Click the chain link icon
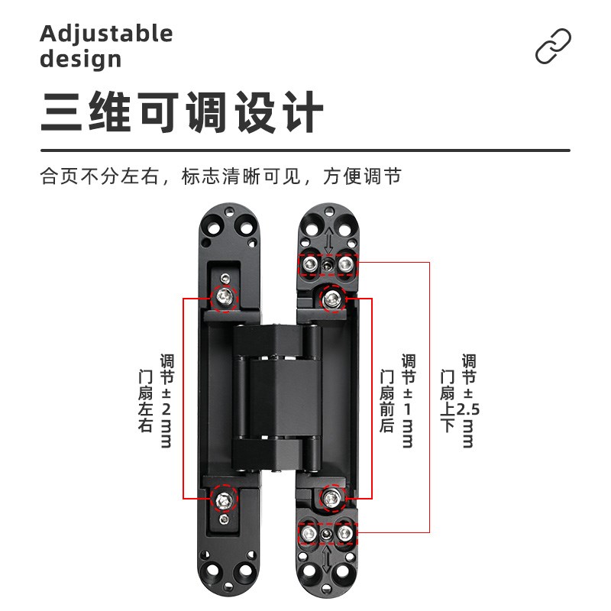tap(553, 46)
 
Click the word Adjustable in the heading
tap(106, 34)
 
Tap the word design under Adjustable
tap(80, 59)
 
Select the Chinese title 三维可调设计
tap(183, 114)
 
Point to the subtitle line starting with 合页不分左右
tap(221, 176)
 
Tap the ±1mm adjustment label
tap(407, 400)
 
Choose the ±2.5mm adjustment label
tap(468, 400)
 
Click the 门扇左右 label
tap(145, 402)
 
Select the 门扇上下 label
tap(448, 402)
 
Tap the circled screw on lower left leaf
tap(224, 500)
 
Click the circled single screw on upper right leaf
tap(332, 297)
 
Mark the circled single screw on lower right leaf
tap(331, 499)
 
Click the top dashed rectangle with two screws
tap(328, 264)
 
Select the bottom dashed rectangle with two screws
tap(327, 532)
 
